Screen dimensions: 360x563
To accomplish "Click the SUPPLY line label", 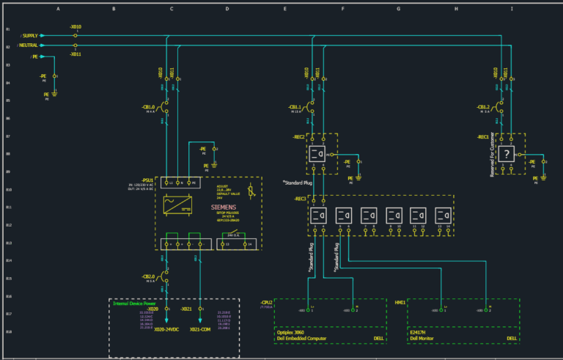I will point(30,35).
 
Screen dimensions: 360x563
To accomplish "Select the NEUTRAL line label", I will point(30,45).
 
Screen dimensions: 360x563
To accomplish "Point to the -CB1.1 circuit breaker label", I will point(298,107).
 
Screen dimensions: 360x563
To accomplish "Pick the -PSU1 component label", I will point(147,179).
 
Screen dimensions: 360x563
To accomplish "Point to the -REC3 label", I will point(300,198).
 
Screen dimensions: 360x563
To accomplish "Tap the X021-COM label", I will point(201,329).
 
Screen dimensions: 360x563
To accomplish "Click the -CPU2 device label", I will point(266,301).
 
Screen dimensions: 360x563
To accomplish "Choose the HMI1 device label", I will point(400,301).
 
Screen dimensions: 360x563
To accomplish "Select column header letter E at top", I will point(284,9).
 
